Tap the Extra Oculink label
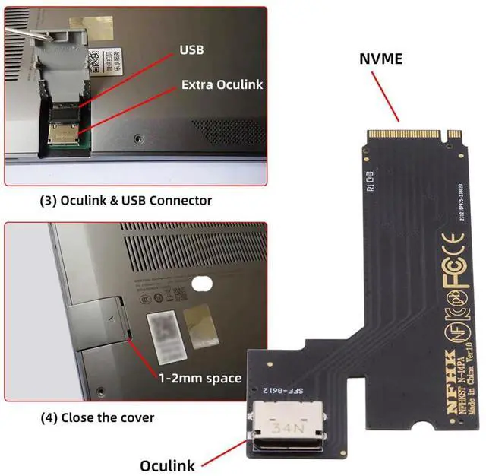[222, 84]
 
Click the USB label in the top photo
[192, 50]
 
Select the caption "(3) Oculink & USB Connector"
[125, 201]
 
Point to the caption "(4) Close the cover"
[97, 417]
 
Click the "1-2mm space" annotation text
[200, 378]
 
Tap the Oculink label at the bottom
[167, 465]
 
